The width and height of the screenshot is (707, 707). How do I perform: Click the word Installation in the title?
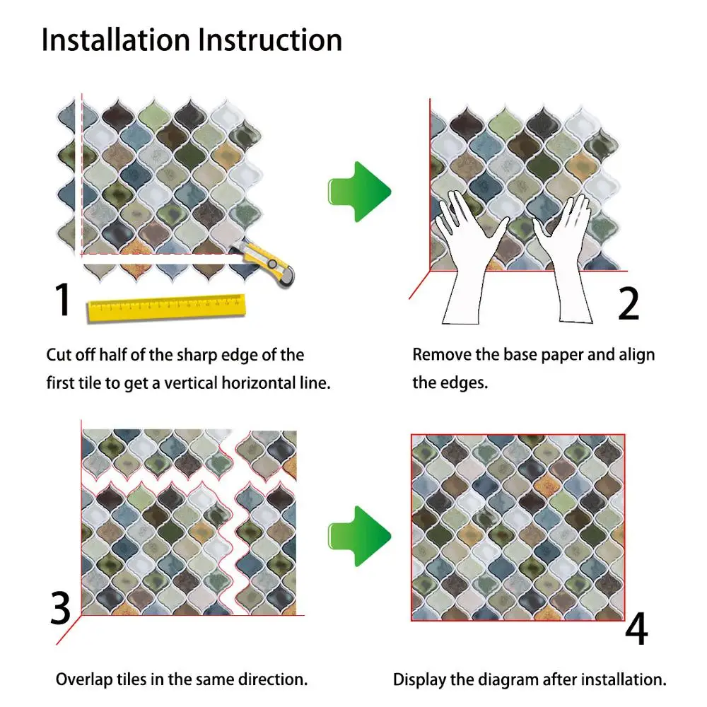point(116,40)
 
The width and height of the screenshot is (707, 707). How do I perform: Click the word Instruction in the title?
point(270,40)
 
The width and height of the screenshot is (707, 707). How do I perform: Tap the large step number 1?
point(62,299)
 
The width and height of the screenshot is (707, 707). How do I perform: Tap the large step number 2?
point(629,303)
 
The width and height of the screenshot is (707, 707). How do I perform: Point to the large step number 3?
point(60,608)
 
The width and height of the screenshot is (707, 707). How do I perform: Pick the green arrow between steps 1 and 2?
point(359,192)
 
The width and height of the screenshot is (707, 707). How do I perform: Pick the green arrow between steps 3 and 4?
point(359,536)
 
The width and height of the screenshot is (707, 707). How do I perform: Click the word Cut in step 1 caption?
point(59,355)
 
